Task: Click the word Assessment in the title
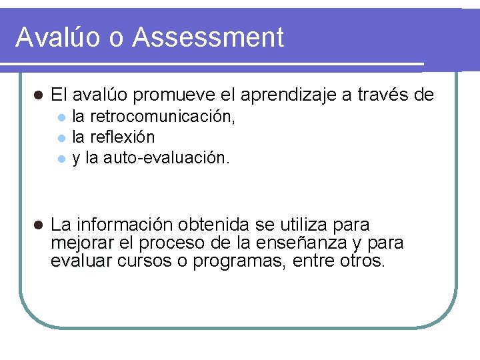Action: point(208,37)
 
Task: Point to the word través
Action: point(381,95)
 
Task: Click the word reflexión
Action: point(122,137)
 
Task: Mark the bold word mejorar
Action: point(83,243)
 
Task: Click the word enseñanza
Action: point(312,243)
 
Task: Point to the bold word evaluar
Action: point(81,261)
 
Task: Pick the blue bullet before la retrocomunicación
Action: point(61,119)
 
